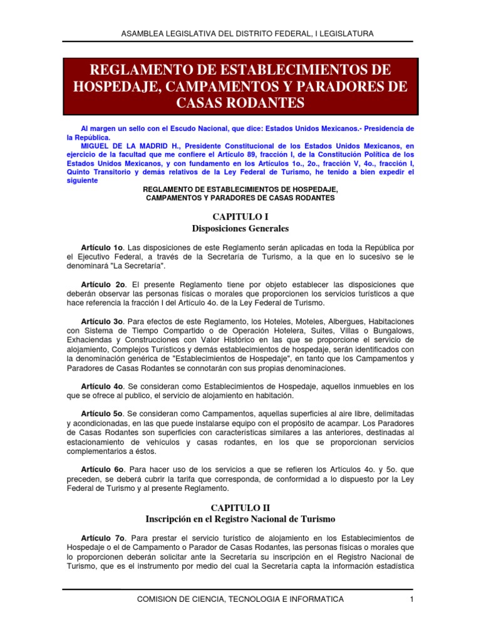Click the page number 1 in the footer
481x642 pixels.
point(411,600)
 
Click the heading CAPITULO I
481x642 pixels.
point(240,216)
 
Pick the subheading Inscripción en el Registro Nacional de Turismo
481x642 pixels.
point(240,519)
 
